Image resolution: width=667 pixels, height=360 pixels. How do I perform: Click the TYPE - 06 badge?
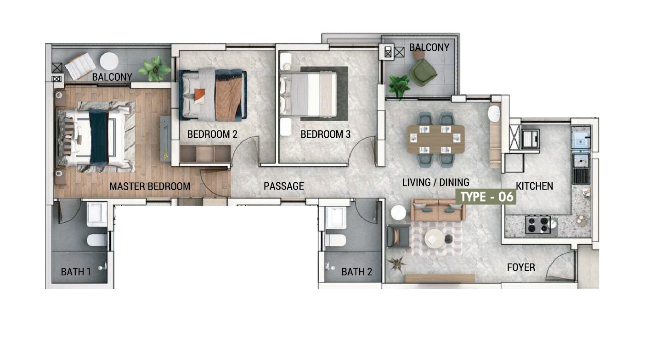tap(486, 197)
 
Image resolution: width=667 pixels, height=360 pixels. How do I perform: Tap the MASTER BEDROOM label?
tap(150, 186)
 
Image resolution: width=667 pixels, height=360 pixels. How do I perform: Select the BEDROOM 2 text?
tap(212, 134)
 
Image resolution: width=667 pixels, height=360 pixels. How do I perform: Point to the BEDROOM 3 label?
tap(325, 134)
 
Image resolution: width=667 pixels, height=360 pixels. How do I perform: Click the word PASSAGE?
tap(284, 186)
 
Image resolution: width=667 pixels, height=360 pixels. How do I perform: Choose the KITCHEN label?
tap(535, 186)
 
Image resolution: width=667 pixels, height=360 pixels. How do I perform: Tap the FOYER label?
tap(521, 267)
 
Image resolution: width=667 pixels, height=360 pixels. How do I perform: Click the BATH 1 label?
tap(76, 271)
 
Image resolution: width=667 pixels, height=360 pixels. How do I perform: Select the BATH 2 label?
tap(357, 271)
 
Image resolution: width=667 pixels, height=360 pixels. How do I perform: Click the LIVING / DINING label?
tap(435, 182)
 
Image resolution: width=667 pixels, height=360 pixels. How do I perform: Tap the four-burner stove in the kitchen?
tap(538, 225)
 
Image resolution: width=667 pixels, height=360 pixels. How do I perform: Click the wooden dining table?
tap(435, 139)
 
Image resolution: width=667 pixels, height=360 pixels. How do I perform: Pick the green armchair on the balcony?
tap(423, 73)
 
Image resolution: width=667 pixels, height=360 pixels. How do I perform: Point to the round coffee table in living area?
tap(434, 238)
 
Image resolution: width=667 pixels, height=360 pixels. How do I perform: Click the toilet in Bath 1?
tap(97, 240)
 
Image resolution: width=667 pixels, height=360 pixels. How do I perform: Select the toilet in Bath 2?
tap(336, 240)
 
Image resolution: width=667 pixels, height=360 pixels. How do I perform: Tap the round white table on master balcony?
tap(109, 61)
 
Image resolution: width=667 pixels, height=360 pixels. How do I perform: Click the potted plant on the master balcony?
tap(154, 69)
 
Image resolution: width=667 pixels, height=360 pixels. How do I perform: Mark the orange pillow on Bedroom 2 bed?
tap(199, 96)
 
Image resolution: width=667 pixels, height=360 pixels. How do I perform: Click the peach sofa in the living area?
tap(438, 210)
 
